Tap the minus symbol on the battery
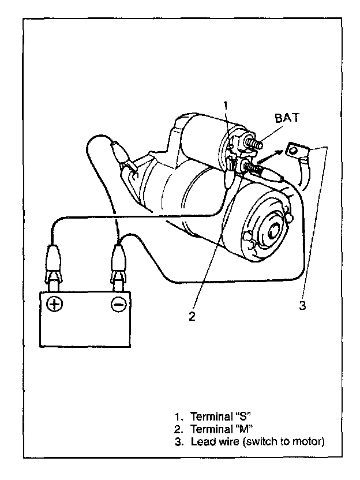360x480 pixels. tap(119, 305)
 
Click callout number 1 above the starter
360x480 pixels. tap(226, 106)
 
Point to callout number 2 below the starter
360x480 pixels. tap(192, 316)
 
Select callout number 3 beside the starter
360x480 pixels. tap(302, 305)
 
